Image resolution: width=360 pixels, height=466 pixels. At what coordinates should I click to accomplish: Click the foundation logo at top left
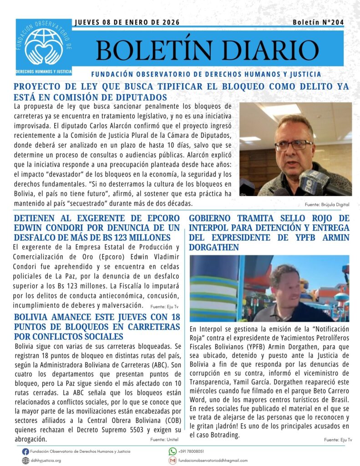click(x=44, y=47)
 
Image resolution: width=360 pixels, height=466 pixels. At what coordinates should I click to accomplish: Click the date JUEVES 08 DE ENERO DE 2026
click(x=127, y=22)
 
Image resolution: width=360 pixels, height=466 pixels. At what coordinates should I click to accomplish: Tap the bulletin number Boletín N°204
click(x=318, y=22)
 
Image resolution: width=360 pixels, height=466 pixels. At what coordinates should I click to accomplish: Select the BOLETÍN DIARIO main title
click(x=207, y=50)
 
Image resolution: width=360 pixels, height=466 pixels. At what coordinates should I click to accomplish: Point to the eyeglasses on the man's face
click(x=293, y=145)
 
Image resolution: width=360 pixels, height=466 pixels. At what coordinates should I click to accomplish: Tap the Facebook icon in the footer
click(x=25, y=451)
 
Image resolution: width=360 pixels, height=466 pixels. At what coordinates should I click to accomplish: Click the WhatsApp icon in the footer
click(x=172, y=451)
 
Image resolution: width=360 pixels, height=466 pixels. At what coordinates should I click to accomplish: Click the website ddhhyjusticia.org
click(x=46, y=461)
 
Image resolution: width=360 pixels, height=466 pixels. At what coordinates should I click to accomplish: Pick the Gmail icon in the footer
click(x=172, y=461)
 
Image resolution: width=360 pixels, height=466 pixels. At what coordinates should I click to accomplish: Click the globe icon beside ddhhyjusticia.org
click(x=25, y=461)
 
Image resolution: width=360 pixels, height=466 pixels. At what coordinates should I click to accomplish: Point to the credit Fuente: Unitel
click(x=164, y=440)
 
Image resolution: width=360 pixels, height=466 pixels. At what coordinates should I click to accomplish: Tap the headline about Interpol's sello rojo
click(x=269, y=233)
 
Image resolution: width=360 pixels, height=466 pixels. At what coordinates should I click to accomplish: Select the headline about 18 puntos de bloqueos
click(x=97, y=326)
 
